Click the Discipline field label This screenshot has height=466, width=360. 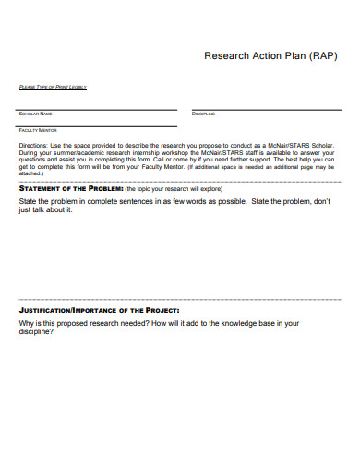tap(203, 114)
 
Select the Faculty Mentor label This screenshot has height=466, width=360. tap(38, 130)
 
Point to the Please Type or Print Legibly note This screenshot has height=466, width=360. tap(53, 88)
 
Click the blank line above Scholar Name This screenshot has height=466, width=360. tap(98, 109)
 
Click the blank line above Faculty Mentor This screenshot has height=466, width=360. tap(98, 125)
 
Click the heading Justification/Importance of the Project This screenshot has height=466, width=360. tap(99, 311)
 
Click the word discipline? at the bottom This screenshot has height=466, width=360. tap(40, 332)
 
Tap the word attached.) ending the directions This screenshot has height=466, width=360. tap(31, 173)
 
